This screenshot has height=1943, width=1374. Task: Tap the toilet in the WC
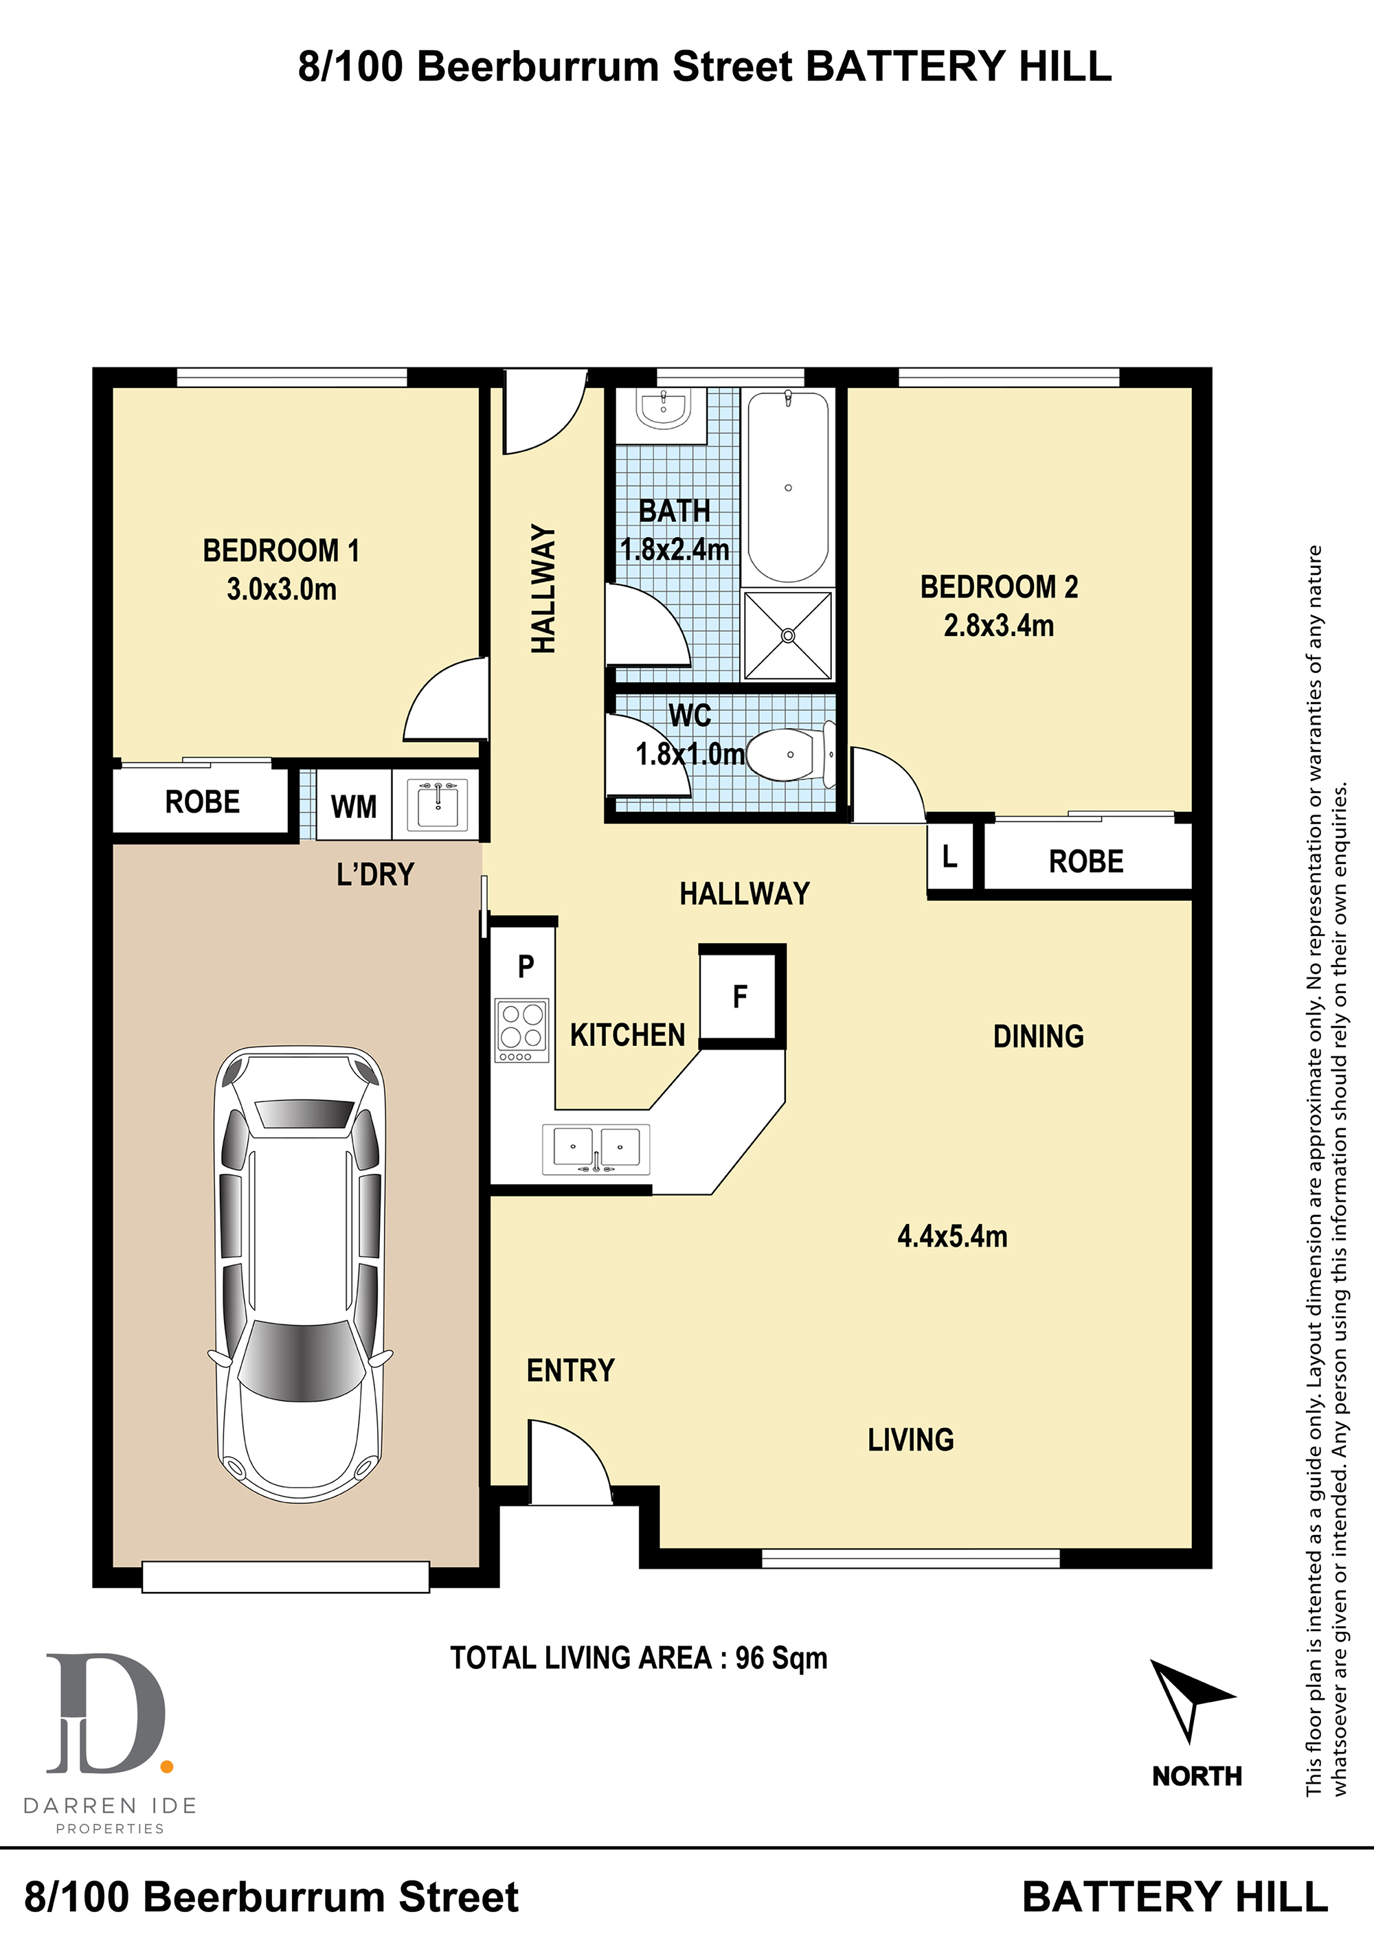[791, 754]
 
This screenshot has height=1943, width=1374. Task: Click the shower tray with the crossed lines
[787, 635]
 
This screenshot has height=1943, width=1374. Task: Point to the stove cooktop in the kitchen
[522, 1030]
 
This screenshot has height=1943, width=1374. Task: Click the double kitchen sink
[596, 1149]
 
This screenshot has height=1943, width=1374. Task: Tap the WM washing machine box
[354, 806]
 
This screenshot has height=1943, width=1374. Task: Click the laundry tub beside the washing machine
[437, 805]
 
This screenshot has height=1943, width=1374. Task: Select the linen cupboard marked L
[951, 857]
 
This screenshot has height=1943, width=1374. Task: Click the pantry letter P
[526, 966]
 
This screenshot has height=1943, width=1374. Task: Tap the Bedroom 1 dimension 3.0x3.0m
[281, 589]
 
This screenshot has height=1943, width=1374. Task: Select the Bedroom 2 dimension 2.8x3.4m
[999, 626]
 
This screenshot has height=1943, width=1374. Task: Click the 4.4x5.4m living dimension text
[952, 1236]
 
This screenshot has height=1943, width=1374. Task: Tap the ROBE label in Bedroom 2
[1086, 861]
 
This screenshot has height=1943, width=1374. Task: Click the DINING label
[1039, 1036]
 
